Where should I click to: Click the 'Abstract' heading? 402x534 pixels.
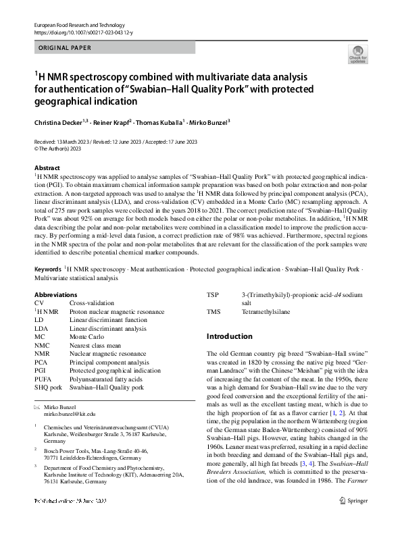tap(47, 167)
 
